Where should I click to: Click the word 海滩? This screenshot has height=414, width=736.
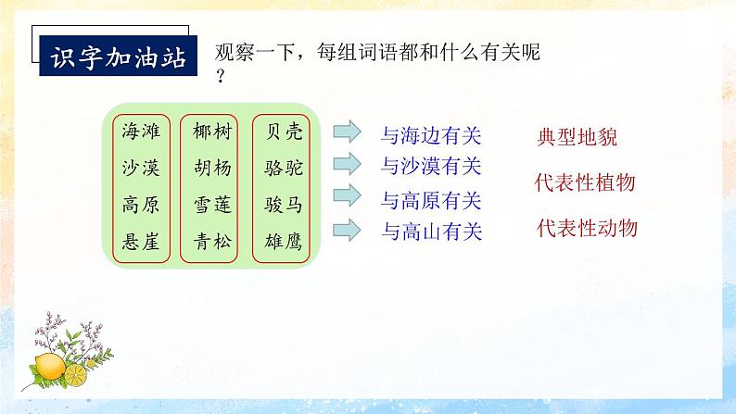coord(141,132)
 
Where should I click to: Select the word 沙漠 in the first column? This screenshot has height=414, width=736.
coord(141,169)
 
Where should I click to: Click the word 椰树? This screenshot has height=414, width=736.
coord(212,132)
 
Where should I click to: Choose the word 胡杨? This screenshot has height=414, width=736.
coord(212,169)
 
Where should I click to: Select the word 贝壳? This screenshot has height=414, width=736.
coord(283,132)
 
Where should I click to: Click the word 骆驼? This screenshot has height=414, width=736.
coord(283,169)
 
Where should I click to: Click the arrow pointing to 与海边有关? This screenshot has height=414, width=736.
coord(349,132)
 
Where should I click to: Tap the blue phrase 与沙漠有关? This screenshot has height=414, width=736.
coord(432,166)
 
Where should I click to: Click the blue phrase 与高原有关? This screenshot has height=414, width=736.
coord(432,199)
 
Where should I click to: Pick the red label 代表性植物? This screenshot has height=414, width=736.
coord(586,182)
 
